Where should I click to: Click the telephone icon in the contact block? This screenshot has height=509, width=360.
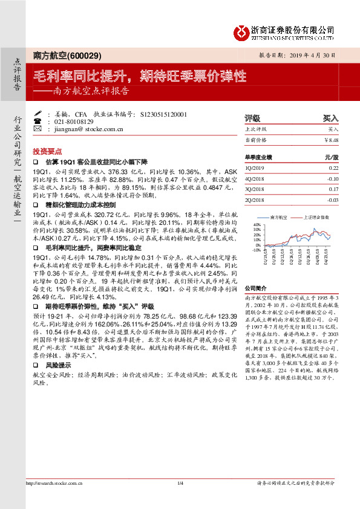click(38, 121)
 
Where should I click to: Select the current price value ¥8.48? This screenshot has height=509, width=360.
click(331, 140)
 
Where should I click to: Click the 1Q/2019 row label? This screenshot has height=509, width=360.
click(255, 168)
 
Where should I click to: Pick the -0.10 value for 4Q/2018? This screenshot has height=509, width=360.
click(332, 179)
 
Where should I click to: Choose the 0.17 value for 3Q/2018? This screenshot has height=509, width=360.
click(333, 189)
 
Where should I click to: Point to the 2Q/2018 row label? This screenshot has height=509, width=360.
click(255, 200)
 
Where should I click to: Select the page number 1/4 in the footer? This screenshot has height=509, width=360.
click(180, 500)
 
